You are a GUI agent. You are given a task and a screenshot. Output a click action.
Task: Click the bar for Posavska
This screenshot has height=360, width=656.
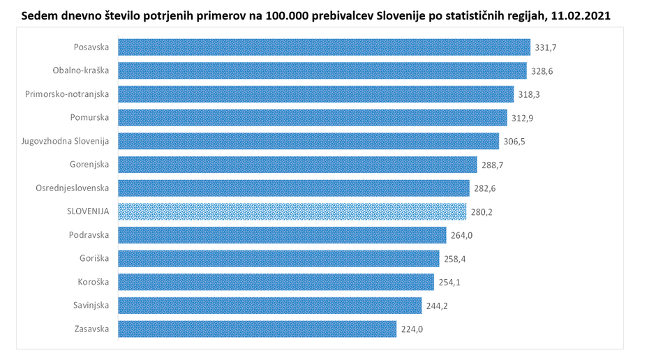[x=324, y=47]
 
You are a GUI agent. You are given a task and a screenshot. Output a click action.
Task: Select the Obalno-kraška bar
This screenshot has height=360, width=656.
[x=322, y=70]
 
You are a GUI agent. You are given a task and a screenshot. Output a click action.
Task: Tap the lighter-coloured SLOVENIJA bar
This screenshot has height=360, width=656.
[x=292, y=211]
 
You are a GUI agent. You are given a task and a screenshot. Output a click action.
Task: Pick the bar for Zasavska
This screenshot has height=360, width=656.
[x=258, y=329]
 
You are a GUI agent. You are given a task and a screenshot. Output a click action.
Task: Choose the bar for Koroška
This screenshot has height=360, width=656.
[x=276, y=282]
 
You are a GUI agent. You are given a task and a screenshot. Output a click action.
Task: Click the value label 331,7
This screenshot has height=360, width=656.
[x=546, y=47]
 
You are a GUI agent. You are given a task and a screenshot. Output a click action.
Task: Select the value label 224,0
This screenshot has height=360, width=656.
[x=412, y=329]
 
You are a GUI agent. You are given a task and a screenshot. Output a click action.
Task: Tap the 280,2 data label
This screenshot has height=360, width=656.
[x=482, y=211]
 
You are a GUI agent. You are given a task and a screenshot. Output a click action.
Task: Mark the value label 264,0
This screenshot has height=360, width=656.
[x=461, y=235]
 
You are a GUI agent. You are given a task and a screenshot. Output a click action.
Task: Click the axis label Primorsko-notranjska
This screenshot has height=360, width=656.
[x=67, y=94]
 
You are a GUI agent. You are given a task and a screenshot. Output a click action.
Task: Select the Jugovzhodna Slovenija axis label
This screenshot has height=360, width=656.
[x=66, y=141]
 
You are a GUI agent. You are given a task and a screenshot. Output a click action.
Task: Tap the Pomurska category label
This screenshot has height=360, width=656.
[x=90, y=117]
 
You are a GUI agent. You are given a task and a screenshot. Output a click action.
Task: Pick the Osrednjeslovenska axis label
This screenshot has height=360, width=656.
[x=73, y=188]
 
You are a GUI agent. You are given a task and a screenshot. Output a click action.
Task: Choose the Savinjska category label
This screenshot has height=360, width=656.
[x=91, y=305]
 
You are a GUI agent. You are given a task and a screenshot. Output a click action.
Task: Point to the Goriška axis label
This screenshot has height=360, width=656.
[x=94, y=258]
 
